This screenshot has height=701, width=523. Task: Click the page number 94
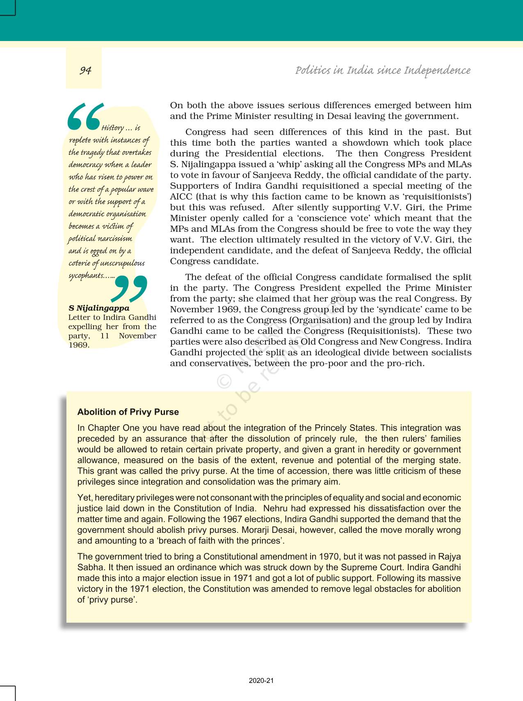click(x=85, y=71)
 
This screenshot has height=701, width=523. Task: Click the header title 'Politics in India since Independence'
click(x=383, y=71)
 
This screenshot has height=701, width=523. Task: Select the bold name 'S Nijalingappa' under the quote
click(x=99, y=308)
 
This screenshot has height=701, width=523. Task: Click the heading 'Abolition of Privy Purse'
click(x=128, y=412)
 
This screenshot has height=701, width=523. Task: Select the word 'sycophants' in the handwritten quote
click(x=86, y=276)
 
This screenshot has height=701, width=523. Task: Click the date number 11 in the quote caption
click(x=105, y=336)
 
